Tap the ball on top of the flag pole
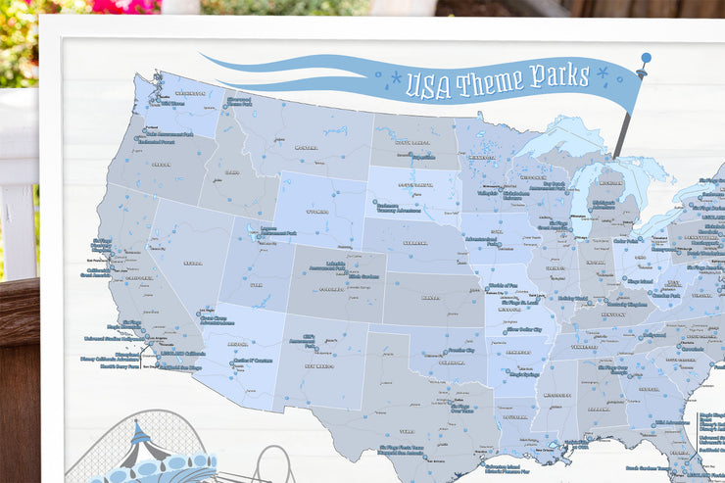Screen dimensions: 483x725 click(x=646, y=58)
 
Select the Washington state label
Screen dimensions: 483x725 click(x=189, y=94)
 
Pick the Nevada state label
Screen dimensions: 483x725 click(x=192, y=263)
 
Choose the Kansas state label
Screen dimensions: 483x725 click(x=430, y=296)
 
